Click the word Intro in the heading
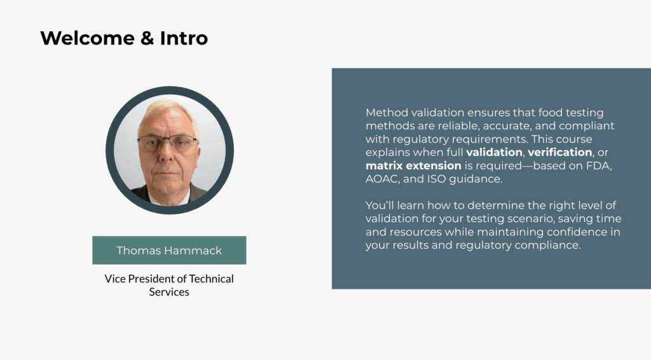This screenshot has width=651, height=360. tap(184, 38)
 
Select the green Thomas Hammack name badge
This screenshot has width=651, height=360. tap(169, 250)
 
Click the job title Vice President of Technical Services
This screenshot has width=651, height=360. tap(169, 286)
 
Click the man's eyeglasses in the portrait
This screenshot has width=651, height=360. tap(168, 142)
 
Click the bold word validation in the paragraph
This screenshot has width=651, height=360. tap(494, 153)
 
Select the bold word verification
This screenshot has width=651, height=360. tap(559, 153)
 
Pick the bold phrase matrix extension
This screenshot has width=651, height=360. tap(413, 166)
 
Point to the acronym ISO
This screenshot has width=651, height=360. tap(449, 179)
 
